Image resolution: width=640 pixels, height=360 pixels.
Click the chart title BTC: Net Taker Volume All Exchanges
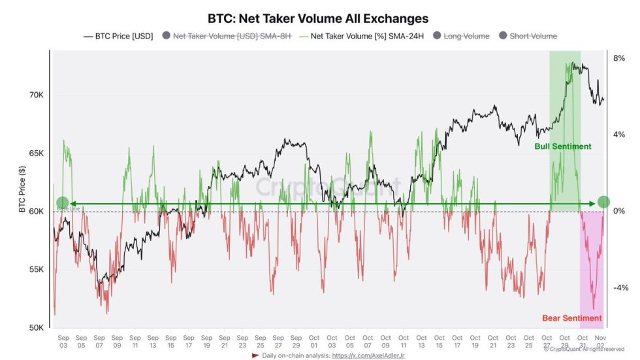[x=318, y=18]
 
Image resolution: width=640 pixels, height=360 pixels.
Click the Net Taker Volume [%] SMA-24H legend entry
[x=361, y=37]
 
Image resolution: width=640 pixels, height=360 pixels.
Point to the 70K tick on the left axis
[x=35, y=95]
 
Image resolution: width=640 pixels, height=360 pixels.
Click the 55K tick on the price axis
[x=35, y=270]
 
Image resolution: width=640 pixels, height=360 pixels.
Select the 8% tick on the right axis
[x=619, y=58]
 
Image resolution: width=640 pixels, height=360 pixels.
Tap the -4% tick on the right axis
[x=618, y=288]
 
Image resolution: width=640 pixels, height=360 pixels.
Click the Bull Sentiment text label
[x=562, y=146]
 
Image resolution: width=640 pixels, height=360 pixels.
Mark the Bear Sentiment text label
[x=572, y=318]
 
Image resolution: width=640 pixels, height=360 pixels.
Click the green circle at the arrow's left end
[x=62, y=203]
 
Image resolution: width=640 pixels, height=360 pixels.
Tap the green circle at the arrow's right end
[x=603, y=203]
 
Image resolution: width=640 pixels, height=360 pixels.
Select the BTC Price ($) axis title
[x=22, y=189]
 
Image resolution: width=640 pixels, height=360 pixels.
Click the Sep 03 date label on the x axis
[x=63, y=340]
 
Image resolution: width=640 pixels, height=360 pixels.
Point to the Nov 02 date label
[x=600, y=340]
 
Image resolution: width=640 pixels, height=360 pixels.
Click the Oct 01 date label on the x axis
[x=314, y=340]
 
